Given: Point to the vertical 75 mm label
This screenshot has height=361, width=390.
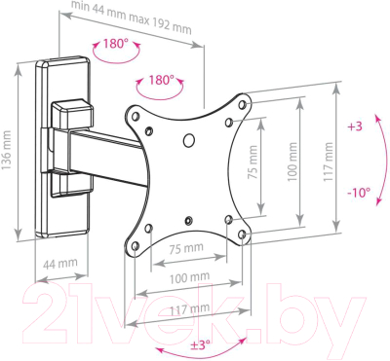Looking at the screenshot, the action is [x=253, y=162].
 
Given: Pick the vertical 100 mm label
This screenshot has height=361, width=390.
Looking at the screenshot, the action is [x=292, y=162].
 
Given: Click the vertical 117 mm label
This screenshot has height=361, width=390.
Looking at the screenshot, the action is [x=329, y=162].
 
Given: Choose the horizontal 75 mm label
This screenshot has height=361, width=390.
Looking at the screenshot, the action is [x=186, y=248].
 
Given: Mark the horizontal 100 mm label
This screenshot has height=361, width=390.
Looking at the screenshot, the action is [x=189, y=277].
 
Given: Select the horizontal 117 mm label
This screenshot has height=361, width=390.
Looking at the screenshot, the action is [x=190, y=309].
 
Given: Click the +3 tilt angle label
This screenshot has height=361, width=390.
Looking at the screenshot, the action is [x=355, y=126].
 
